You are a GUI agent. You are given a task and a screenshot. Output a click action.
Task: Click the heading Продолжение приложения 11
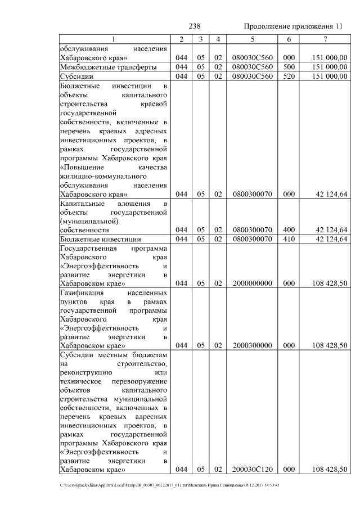[292, 26]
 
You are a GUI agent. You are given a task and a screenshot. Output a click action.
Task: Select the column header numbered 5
[252, 39]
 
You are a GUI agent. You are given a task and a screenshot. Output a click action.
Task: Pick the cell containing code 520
[289, 75]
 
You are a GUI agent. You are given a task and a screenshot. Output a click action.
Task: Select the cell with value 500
[289, 66]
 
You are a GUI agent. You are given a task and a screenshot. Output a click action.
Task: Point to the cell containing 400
[289, 229]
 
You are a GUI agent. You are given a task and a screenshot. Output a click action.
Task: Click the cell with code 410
[289, 238]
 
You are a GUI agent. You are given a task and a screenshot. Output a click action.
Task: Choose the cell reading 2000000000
[252, 284]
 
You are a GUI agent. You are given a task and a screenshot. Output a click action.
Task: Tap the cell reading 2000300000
[252, 345]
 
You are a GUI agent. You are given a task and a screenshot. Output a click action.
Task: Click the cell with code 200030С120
[252, 469]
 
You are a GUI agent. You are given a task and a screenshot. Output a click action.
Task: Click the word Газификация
[82, 293]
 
